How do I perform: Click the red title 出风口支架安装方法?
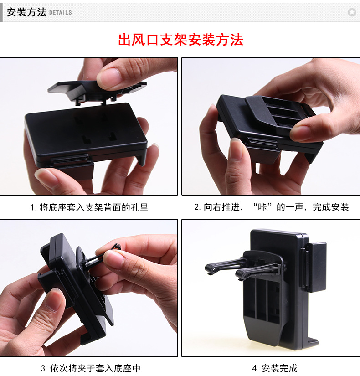181,40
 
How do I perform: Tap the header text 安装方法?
26,12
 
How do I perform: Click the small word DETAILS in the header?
60,13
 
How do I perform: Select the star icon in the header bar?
351,12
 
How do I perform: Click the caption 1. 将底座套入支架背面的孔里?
89,207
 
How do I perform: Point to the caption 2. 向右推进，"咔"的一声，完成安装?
271,207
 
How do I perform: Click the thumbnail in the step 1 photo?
109,77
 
